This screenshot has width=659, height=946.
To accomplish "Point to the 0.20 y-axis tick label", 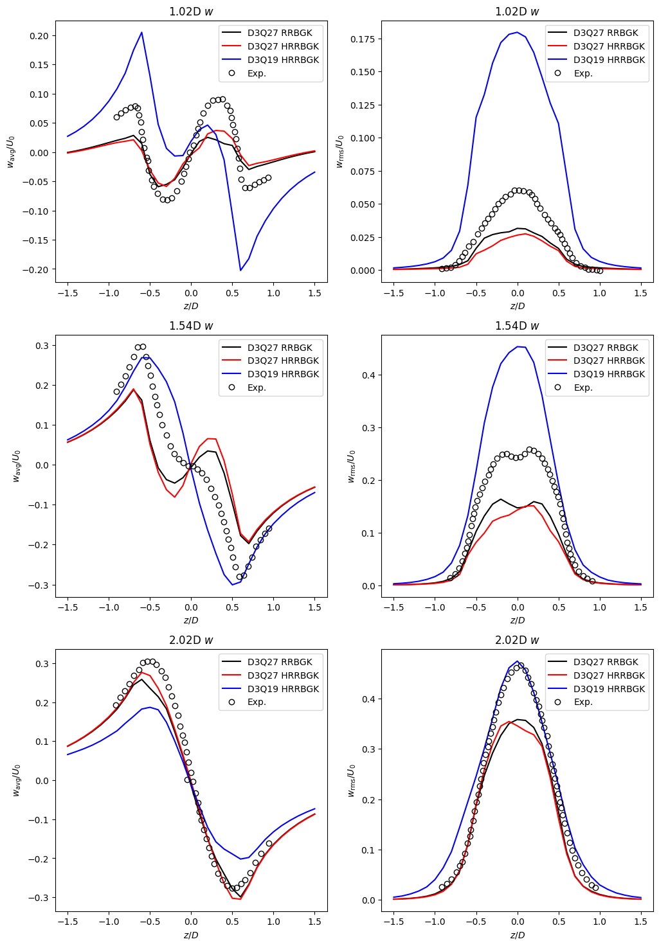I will (x=39, y=36).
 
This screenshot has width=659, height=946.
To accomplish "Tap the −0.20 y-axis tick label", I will (x=37, y=270).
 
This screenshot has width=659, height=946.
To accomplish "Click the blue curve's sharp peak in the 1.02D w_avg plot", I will (x=141, y=32).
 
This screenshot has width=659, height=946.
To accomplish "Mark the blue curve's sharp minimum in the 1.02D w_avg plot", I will (x=240, y=270).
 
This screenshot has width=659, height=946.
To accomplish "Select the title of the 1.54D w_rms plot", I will (x=517, y=326).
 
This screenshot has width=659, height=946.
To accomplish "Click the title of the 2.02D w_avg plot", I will (x=191, y=640).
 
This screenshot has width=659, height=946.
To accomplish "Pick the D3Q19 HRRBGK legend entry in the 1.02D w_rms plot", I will (x=609, y=60).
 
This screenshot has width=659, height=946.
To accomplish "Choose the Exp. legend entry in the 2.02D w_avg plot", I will (x=257, y=702).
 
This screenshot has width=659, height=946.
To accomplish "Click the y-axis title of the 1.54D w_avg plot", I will (x=17, y=466).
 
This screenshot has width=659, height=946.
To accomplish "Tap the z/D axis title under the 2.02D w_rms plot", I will (x=517, y=934).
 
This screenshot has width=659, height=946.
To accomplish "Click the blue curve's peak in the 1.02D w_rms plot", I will (x=517, y=32).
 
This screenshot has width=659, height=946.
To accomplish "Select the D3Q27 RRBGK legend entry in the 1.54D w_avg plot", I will (x=280, y=348).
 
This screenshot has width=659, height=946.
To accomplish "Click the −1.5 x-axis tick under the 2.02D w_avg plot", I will (x=68, y=921).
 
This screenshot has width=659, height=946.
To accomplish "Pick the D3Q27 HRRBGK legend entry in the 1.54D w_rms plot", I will (x=609, y=361).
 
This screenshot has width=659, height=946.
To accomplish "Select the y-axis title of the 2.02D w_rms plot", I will (x=351, y=780).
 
